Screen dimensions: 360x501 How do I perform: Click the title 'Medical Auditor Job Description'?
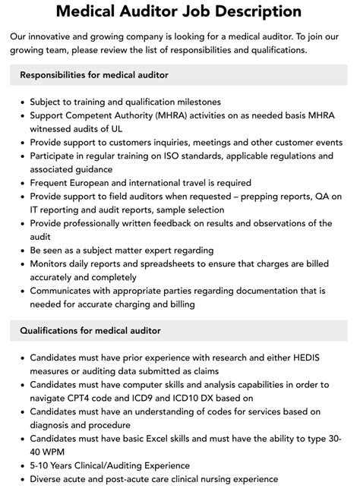[x=179, y=11]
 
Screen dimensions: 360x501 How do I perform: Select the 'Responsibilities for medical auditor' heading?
[x=94, y=75]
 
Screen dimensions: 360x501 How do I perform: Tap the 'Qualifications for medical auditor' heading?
[x=90, y=331]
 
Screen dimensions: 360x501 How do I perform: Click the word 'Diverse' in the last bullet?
[x=48, y=480]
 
